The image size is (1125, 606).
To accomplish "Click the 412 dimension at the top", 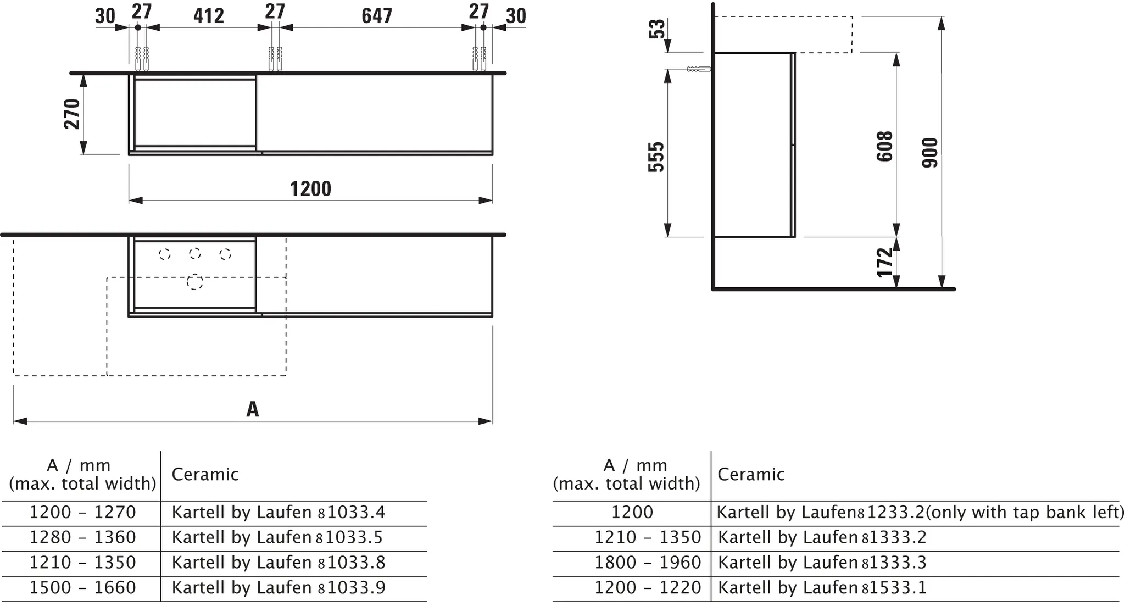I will [x=209, y=16].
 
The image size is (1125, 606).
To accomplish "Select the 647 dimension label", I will [x=377, y=16].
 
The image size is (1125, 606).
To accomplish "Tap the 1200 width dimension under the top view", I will [x=310, y=189].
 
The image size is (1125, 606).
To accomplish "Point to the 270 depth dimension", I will [x=73, y=114].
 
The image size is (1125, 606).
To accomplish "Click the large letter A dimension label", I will [x=252, y=409].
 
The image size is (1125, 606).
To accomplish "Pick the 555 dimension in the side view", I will [x=656, y=157].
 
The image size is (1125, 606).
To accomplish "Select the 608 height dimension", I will [x=884, y=146].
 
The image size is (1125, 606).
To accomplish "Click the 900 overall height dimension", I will [x=930, y=152].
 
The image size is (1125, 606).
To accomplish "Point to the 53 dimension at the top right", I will [x=656, y=29].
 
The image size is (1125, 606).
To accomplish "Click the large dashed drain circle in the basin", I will [x=194, y=282].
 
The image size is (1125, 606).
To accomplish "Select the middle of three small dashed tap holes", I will [x=194, y=253].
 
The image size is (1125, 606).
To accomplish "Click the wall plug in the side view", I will [x=698, y=69].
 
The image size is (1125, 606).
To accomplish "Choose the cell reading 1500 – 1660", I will [x=82, y=588].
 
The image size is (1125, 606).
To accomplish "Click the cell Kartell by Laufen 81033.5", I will [x=277, y=537].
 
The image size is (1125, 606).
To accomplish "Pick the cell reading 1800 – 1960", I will [x=648, y=563].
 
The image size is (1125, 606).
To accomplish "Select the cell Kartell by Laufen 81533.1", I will [x=822, y=588].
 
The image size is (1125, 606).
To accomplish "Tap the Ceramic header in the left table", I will [x=205, y=475].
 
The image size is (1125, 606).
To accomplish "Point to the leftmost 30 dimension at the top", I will [x=105, y=16].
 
